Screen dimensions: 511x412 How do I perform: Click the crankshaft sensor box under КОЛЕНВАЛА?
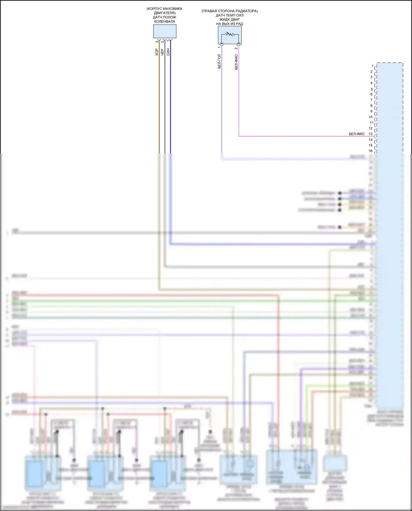(x=165, y=31)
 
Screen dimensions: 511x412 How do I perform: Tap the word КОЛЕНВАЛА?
(x=165, y=21)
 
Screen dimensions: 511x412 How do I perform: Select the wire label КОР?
(x=157, y=52)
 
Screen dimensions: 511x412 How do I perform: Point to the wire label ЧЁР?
(x=162, y=52)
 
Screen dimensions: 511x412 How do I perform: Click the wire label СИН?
(x=168, y=52)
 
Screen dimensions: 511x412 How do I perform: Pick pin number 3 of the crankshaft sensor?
(x=157, y=42)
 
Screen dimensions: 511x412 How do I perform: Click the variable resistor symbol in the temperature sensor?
(x=230, y=35)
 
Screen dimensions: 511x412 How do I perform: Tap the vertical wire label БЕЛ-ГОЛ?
(x=219, y=61)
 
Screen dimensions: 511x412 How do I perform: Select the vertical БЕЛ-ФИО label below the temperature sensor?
(x=236, y=62)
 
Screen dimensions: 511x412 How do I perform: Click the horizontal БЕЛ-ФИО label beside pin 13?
(x=357, y=134)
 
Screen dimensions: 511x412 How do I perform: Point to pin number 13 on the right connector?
(x=371, y=134)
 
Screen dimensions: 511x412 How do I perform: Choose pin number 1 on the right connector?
(x=372, y=66)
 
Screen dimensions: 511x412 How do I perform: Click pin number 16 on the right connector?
(x=371, y=151)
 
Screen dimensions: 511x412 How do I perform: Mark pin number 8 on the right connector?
(x=371, y=106)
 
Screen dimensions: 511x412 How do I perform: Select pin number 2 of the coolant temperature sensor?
(x=236, y=49)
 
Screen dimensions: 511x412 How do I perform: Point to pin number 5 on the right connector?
(x=372, y=89)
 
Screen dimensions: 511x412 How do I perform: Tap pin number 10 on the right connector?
(x=371, y=117)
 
